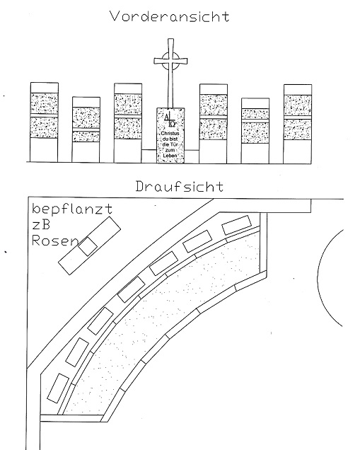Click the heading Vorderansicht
(x=170, y=16)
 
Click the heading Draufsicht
(x=180, y=187)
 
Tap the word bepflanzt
(x=72, y=209)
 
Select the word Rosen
(x=54, y=241)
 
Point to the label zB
(x=41, y=225)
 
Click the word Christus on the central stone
(x=170, y=134)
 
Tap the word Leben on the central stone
(x=170, y=155)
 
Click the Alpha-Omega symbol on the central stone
(x=170, y=120)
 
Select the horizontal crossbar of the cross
(x=170, y=61)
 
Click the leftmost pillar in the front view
(x=45, y=122)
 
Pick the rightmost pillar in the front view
(x=298, y=124)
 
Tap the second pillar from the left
(x=86, y=129)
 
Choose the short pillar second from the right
(x=255, y=131)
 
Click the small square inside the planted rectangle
(x=88, y=246)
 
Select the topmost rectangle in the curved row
(x=237, y=225)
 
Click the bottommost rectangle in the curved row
(x=58, y=388)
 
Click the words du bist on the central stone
(x=170, y=139)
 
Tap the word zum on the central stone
(x=170, y=150)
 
